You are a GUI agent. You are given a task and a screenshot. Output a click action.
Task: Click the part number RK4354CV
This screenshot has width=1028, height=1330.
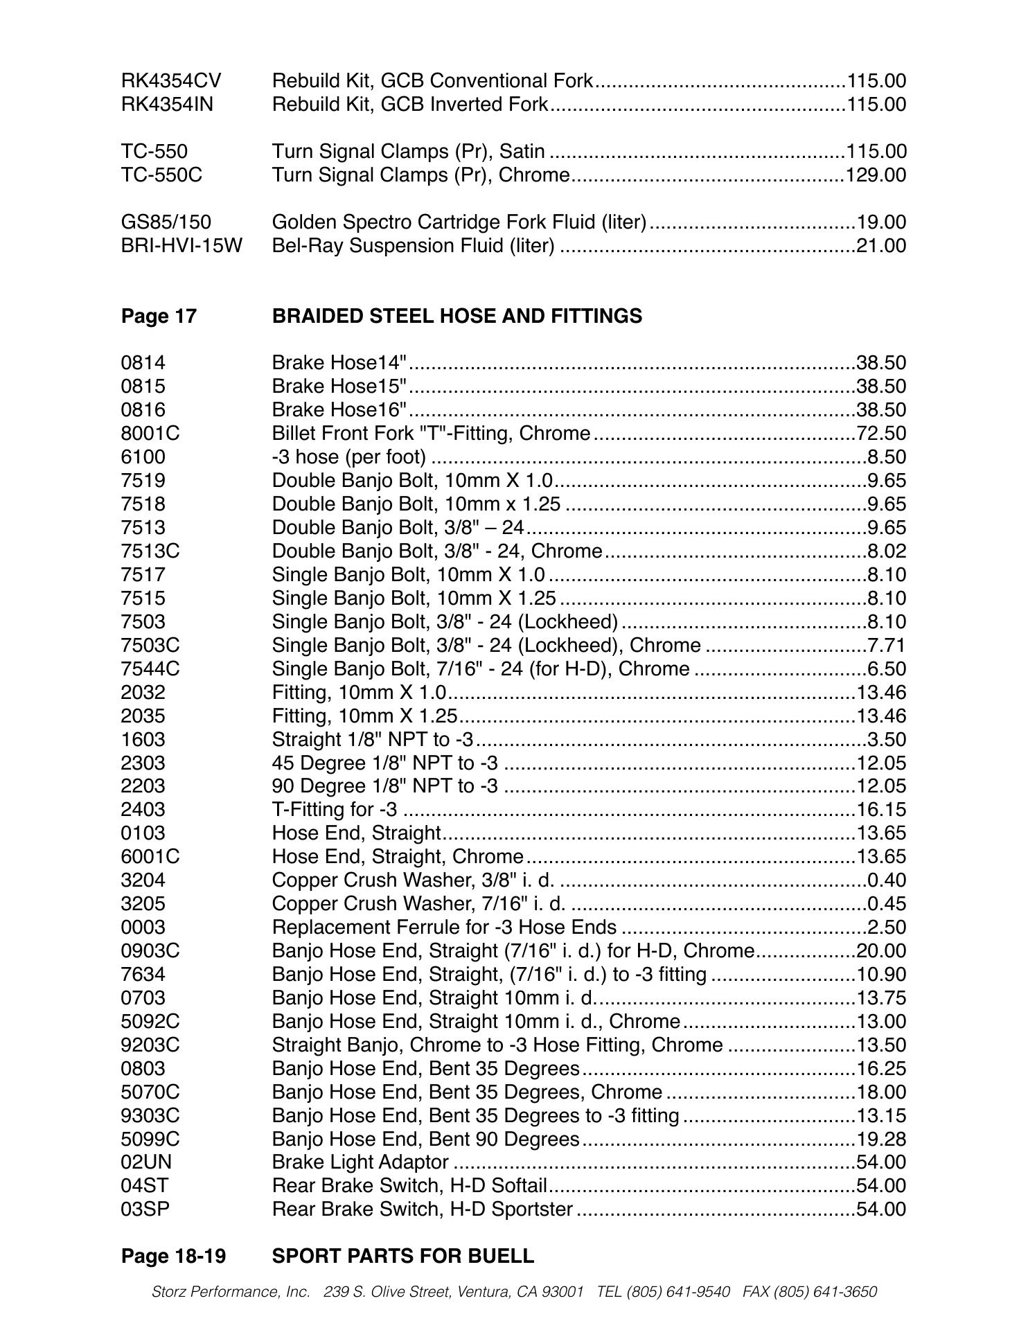click(171, 81)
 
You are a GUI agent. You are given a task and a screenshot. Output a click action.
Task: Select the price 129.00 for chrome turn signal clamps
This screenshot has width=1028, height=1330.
click(875, 175)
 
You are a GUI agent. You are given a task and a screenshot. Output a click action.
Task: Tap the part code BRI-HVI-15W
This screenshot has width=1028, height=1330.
click(181, 246)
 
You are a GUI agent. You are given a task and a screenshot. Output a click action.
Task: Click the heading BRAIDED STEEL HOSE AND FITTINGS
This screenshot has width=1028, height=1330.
click(457, 316)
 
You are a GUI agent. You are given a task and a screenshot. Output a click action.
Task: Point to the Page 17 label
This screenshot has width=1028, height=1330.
click(159, 316)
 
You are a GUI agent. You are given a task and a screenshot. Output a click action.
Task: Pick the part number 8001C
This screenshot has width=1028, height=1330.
click(150, 434)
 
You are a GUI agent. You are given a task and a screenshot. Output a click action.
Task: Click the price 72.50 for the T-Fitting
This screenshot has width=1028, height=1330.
click(881, 434)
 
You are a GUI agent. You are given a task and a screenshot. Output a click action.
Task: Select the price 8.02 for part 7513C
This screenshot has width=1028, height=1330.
click(886, 551)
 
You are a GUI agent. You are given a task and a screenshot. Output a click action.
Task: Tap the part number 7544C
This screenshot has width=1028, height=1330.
click(150, 669)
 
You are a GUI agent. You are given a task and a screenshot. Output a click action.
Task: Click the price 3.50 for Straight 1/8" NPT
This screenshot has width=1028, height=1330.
click(886, 740)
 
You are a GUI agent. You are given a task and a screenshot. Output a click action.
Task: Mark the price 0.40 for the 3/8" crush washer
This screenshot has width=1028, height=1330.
click(886, 880)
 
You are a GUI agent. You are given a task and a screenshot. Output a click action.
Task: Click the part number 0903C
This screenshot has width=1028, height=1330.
click(150, 951)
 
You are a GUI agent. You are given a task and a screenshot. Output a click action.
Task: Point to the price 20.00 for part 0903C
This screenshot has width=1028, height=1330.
click(881, 951)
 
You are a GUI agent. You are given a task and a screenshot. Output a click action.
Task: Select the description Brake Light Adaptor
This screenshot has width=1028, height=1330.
click(360, 1162)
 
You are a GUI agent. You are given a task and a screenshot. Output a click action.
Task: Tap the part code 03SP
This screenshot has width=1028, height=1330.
click(145, 1209)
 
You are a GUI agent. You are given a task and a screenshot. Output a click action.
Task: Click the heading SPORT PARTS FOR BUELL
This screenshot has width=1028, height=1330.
click(402, 1256)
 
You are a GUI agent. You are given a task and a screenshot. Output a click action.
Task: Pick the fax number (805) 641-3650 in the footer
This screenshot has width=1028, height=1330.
click(825, 1292)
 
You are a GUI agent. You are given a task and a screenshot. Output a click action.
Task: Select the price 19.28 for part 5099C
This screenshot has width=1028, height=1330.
click(881, 1139)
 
